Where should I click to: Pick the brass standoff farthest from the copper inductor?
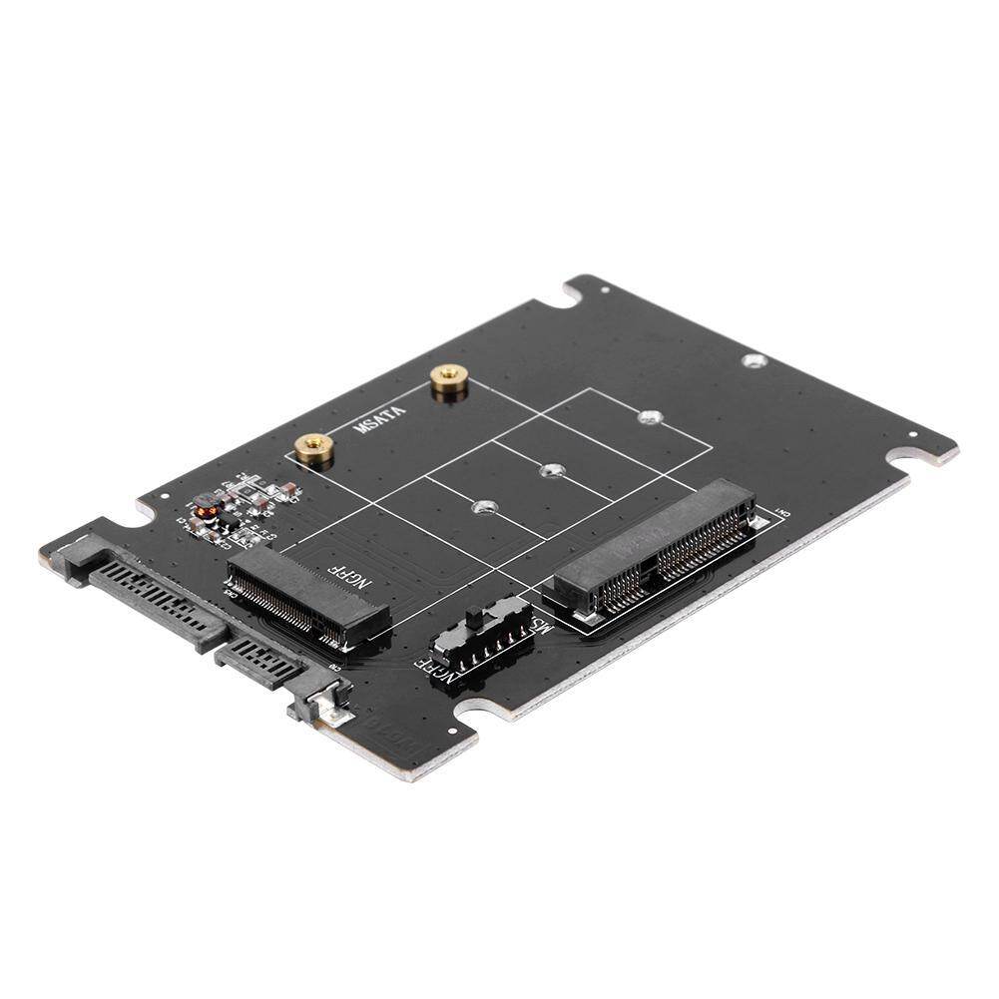[448, 381]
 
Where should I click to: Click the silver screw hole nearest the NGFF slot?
[484, 508]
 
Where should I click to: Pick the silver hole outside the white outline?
[756, 360]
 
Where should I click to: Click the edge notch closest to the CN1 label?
[913, 459]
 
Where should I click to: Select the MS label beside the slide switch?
[540, 629]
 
